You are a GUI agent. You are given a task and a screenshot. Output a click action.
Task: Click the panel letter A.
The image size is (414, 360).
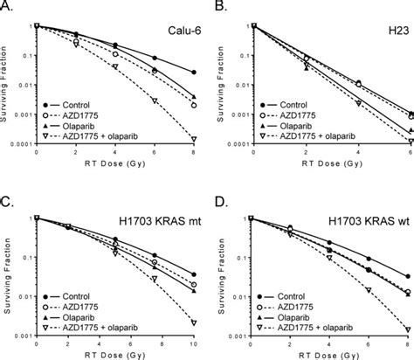(6, 7)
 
